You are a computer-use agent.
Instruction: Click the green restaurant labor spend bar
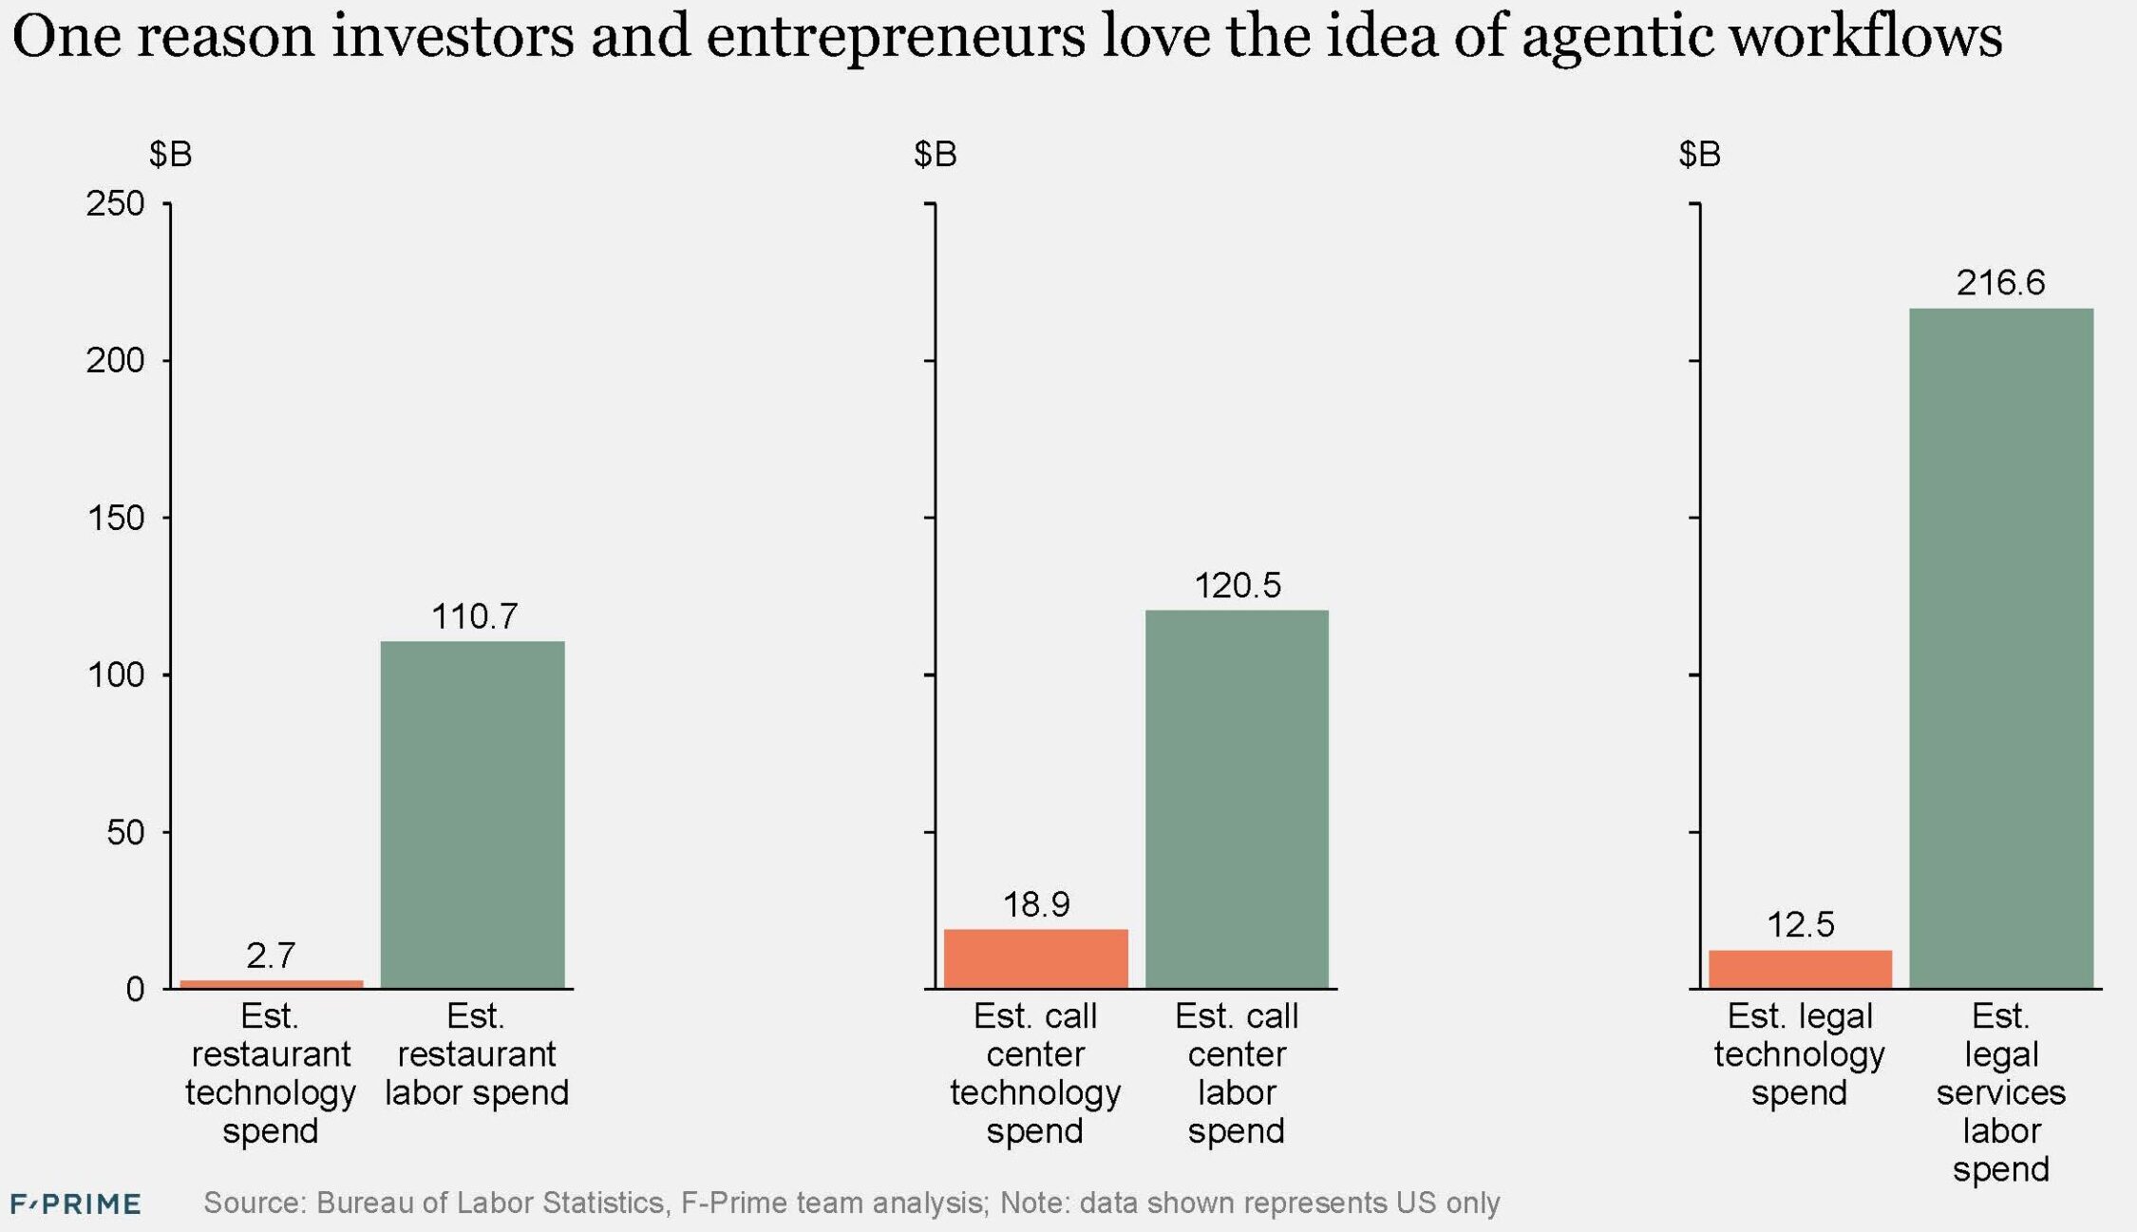(472, 814)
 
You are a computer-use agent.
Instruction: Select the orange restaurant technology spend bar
(272, 984)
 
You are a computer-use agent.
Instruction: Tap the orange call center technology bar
(1035, 958)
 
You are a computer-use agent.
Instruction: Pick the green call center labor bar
(1237, 799)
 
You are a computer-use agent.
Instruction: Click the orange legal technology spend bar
(1800, 969)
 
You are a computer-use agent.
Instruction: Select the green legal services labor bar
(2000, 648)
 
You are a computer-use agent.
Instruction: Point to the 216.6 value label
(2000, 283)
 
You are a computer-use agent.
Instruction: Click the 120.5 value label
(1237, 586)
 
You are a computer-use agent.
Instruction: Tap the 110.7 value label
(474, 617)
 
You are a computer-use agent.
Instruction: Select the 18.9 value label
(1036, 905)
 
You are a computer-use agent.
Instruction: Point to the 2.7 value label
(271, 956)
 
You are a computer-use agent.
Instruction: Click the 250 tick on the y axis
(115, 203)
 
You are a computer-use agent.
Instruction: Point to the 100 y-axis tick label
(115, 675)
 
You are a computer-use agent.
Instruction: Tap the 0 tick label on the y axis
(135, 990)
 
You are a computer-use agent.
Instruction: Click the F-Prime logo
(76, 1204)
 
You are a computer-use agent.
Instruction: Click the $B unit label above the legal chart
(1699, 154)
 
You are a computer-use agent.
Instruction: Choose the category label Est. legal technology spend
(1799, 1054)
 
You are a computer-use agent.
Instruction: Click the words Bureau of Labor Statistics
(489, 1203)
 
